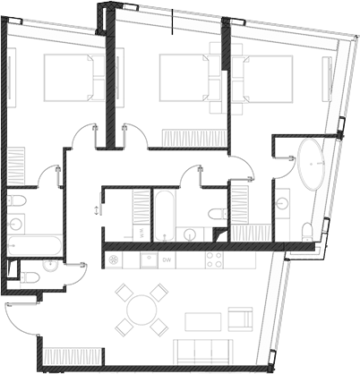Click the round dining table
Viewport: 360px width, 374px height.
(142, 310)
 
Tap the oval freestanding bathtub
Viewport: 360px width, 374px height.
(313, 163)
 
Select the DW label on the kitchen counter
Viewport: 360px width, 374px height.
(167, 259)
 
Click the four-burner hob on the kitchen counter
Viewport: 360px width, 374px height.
(214, 259)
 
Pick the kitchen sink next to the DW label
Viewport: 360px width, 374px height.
(148, 259)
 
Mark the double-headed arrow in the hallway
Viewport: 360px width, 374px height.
(96, 209)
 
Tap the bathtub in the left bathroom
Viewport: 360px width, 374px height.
(34, 243)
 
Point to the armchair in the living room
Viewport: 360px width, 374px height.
(241, 319)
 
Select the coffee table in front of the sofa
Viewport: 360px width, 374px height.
(201, 320)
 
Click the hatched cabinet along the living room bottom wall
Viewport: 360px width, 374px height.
(67, 356)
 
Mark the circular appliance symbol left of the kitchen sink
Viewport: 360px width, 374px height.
(115, 259)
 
